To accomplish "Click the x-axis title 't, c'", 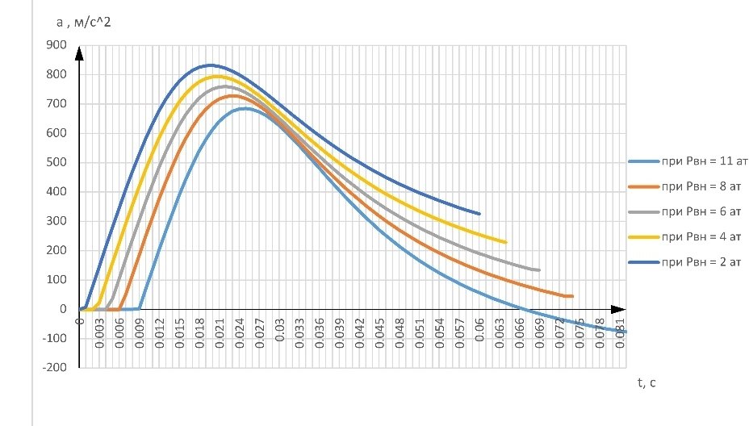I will (646, 382).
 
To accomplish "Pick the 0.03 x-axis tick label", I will (279, 332).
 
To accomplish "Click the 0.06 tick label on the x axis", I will (479, 332).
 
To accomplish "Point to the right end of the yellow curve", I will (506, 242).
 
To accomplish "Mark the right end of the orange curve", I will (571, 296).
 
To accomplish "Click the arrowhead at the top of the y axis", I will (80, 53).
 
